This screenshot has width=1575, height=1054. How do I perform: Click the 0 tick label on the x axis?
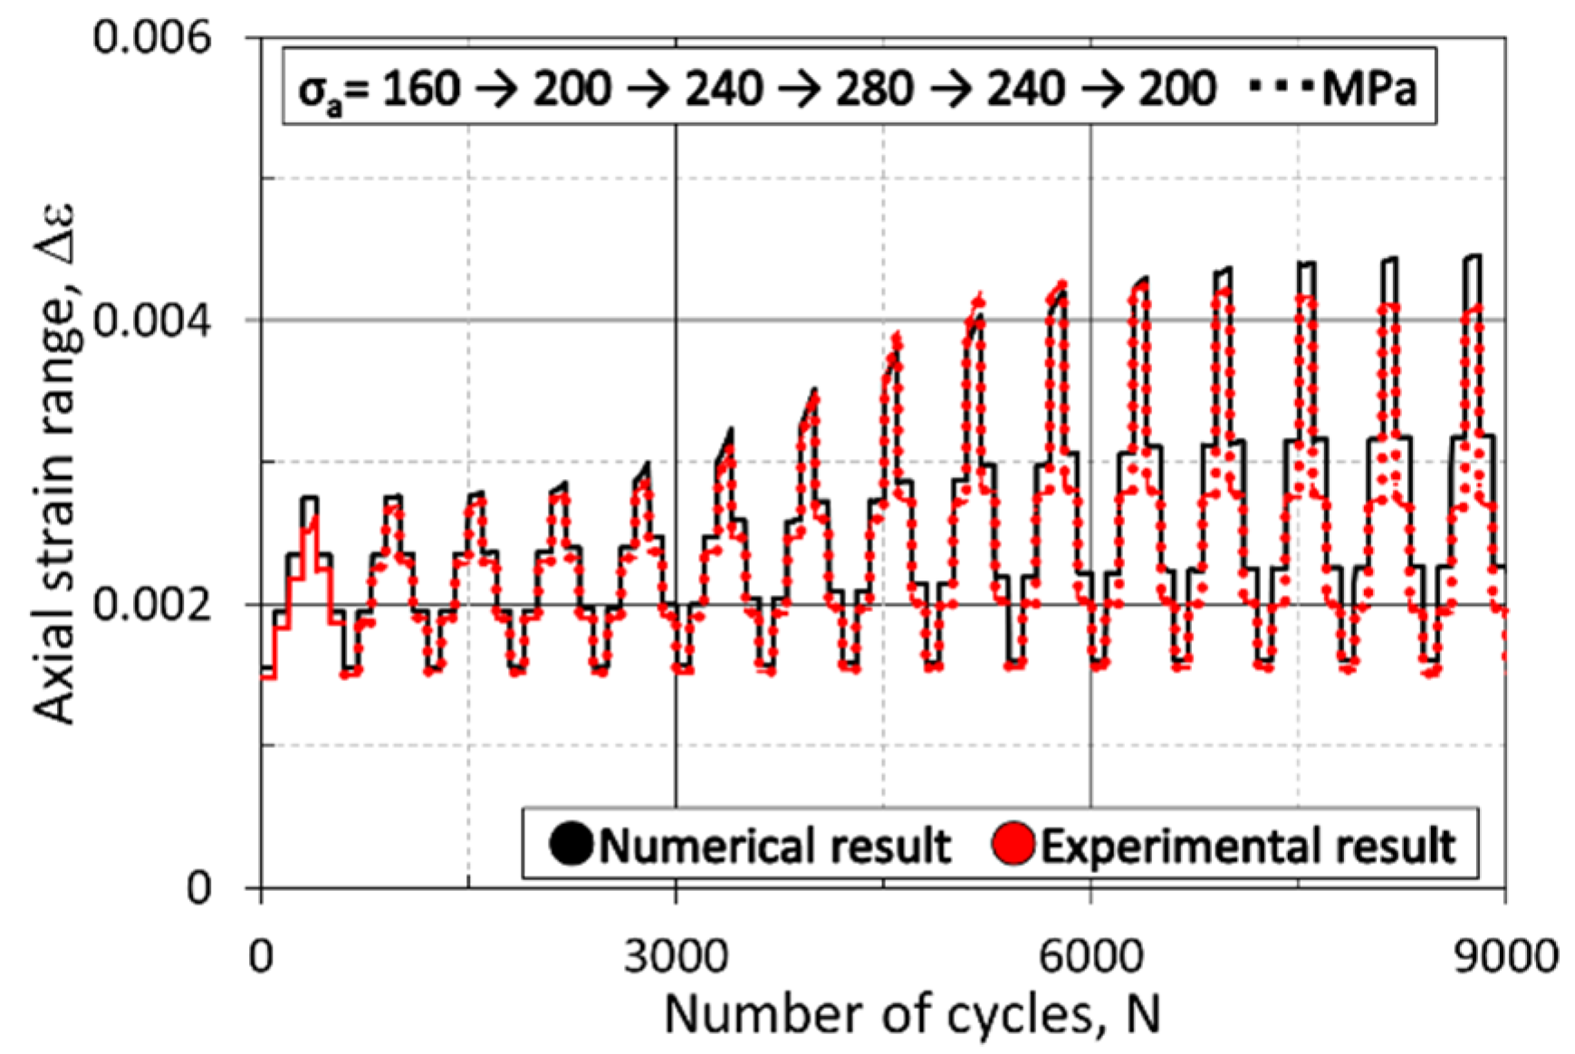(x=261, y=956)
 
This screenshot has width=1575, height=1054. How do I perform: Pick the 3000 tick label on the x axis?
(x=676, y=956)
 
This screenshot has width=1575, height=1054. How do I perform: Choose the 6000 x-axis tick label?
(x=1090, y=956)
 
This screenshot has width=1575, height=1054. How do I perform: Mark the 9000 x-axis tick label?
(x=1506, y=956)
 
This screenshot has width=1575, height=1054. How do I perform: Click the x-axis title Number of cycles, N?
(x=912, y=1014)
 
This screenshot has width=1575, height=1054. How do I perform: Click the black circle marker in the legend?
(x=571, y=845)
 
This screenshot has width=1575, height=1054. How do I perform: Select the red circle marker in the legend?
(x=1013, y=845)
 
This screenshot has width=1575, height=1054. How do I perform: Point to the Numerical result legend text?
(x=775, y=847)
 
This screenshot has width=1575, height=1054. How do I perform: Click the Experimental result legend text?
(x=1247, y=847)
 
